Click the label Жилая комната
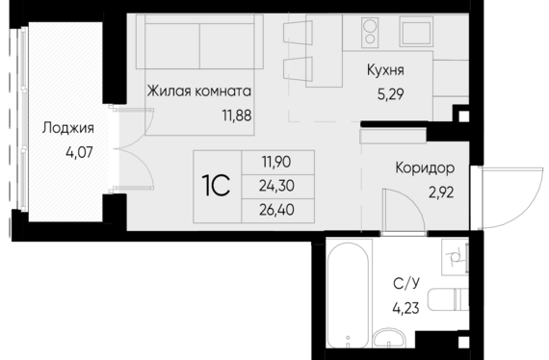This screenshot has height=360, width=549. [198, 90]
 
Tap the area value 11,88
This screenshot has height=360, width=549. [237, 116]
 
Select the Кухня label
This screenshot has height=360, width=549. [385, 70]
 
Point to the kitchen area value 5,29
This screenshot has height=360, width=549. [390, 94]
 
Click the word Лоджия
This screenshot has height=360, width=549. [68, 128]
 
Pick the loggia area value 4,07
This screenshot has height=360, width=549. [79, 152]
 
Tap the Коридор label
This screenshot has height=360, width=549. [425, 168]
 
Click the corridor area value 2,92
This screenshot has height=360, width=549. [441, 193]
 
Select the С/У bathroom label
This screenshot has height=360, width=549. [406, 283]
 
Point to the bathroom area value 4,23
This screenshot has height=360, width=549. [406, 308]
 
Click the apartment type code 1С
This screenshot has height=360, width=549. [216, 186]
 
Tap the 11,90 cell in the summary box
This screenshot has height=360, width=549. [276, 162]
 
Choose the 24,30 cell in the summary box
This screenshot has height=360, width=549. [276, 186]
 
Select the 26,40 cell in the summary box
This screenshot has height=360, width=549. [276, 210]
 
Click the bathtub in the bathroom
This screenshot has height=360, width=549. [348, 295]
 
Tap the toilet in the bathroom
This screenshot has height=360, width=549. [449, 299]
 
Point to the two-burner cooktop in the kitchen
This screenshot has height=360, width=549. [370, 32]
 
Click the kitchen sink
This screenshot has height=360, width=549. [416, 32]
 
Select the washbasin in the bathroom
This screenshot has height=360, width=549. [389, 338]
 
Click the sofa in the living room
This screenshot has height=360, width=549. [199, 41]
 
